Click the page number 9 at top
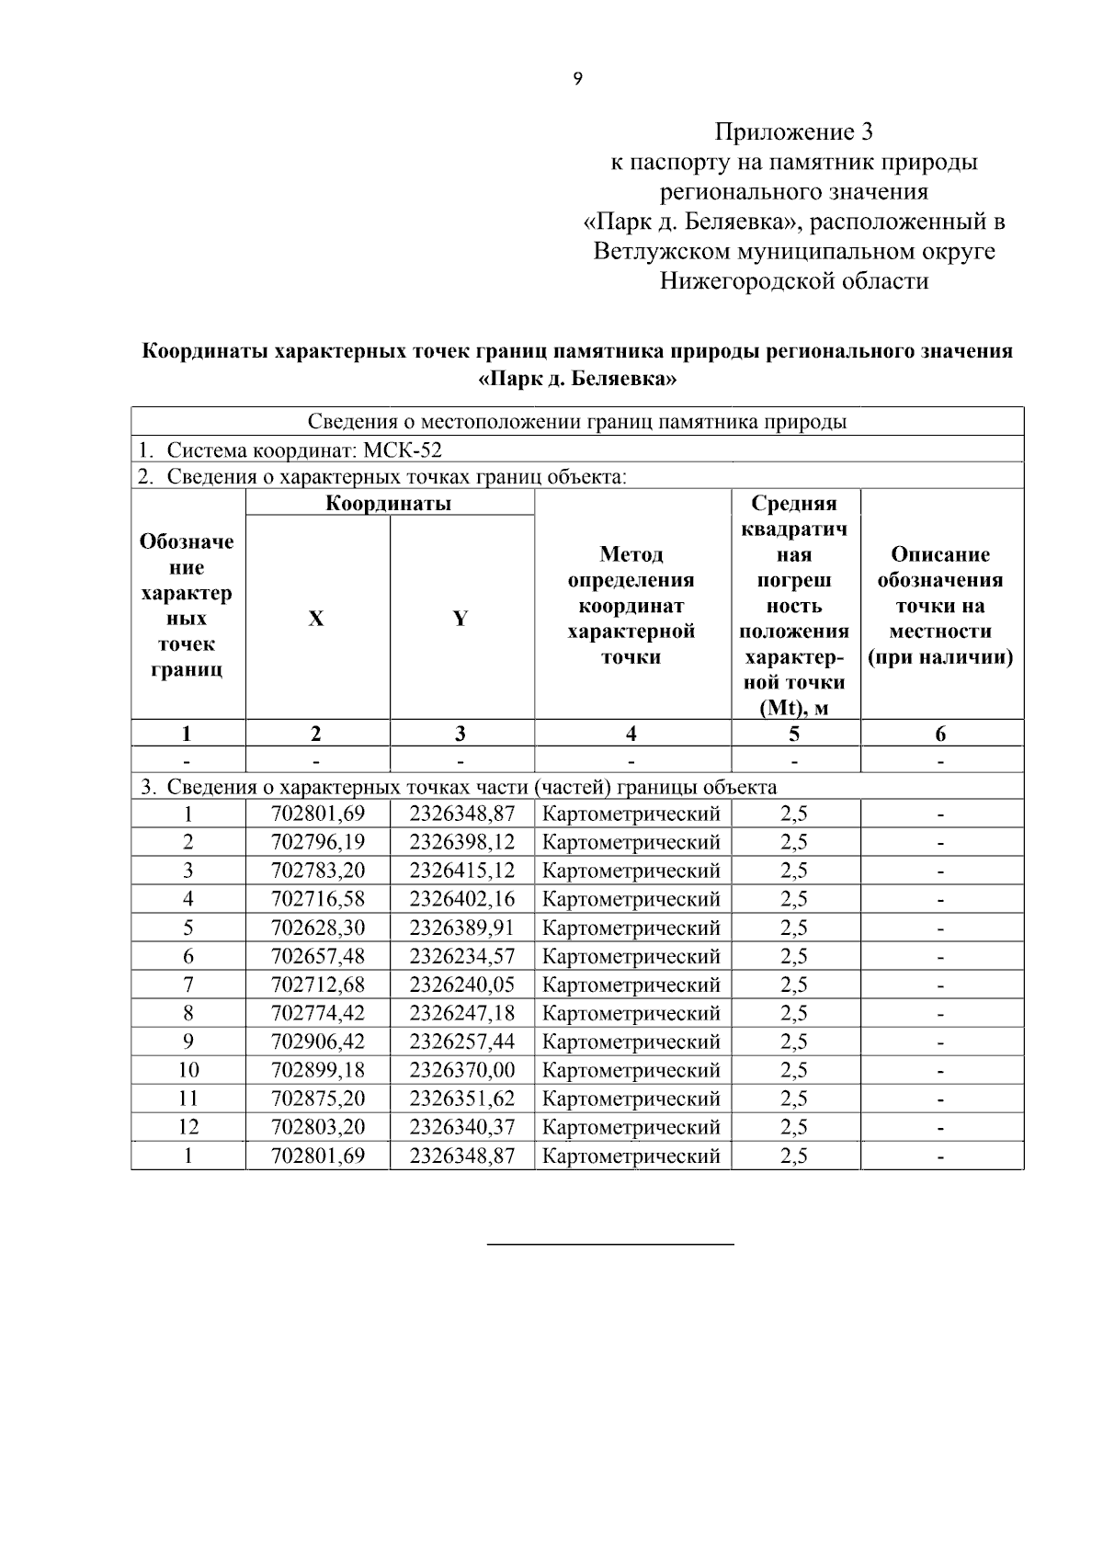tap(577, 79)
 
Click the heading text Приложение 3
tap(794, 132)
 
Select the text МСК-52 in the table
tap(403, 450)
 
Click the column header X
tap(316, 619)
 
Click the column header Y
tap(461, 619)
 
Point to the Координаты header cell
tap(389, 503)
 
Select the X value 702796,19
tap(318, 842)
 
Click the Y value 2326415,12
tap(461, 871)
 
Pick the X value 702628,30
tap(318, 928)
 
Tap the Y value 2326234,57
tap(461, 956)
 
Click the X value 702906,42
tap(318, 1042)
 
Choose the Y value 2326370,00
tap(461, 1070)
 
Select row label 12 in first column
tap(188, 1127)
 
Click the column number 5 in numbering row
tap(794, 734)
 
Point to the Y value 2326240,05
tap(461, 985)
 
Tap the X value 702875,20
tap(318, 1099)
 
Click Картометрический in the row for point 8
tap(631, 1013)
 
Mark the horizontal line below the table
tap(609, 1244)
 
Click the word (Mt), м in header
tap(794, 708)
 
